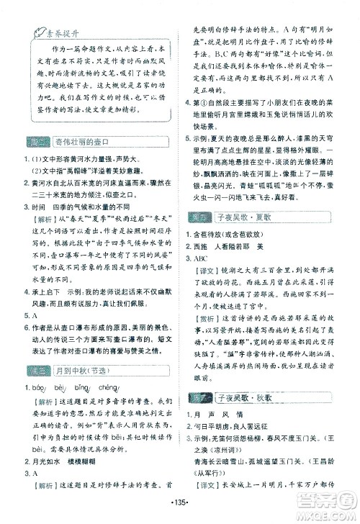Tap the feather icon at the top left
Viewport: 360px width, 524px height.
point(31,31)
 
